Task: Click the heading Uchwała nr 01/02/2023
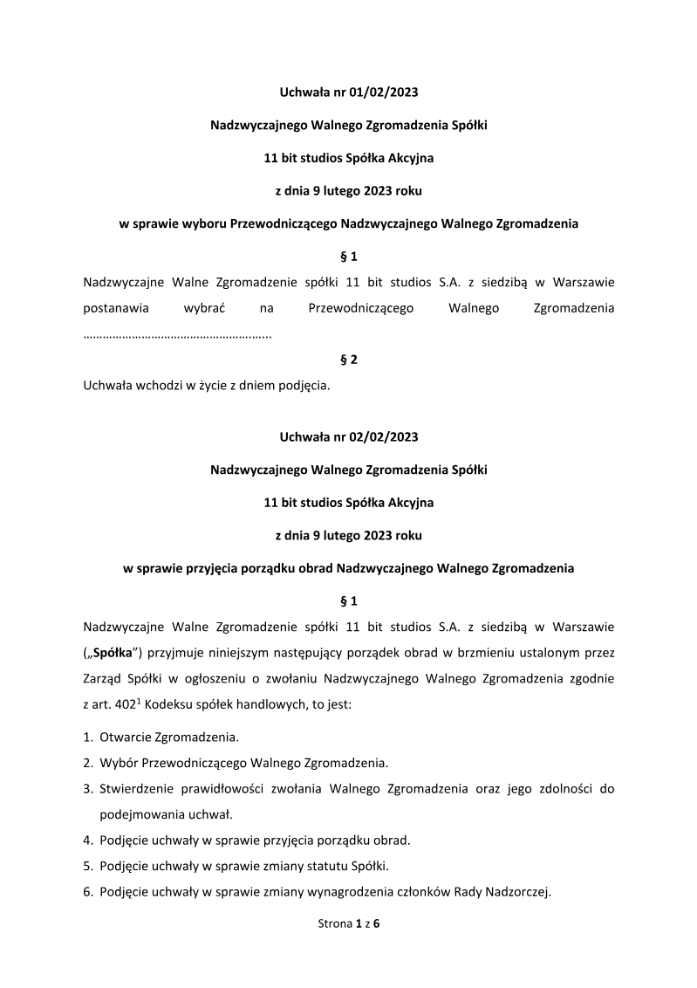[348, 92]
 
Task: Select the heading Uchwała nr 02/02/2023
[348, 436]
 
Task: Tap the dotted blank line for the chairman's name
[177, 335]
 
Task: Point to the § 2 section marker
[348, 360]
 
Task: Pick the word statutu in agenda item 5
[320, 866]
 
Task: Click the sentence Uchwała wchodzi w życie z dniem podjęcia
[206, 386]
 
